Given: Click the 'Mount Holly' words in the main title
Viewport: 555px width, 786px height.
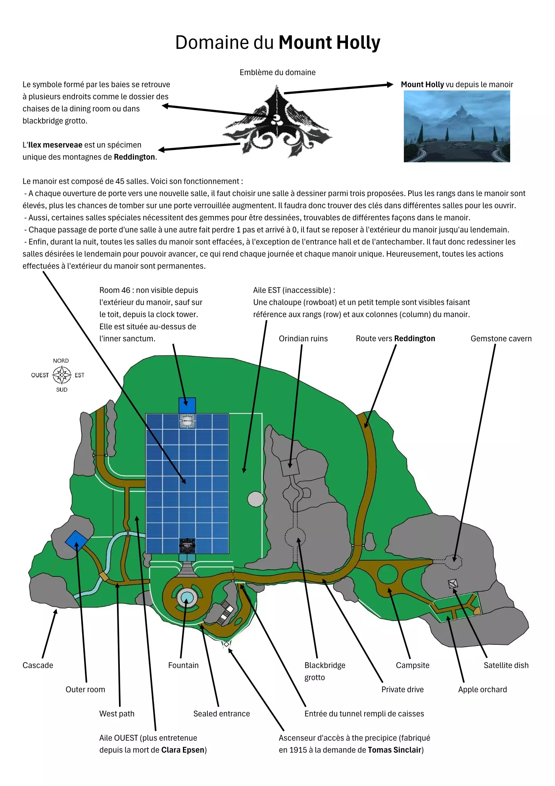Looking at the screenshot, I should click(x=329, y=42).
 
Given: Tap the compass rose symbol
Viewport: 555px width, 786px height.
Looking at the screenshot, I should click(x=62, y=375).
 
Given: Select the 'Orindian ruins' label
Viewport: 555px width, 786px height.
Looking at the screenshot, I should click(x=303, y=338).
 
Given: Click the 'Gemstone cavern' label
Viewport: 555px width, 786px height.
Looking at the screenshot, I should click(x=501, y=338).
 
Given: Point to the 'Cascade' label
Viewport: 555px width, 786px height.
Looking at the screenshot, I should click(x=38, y=665).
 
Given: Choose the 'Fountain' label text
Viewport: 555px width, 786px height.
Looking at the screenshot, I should click(x=183, y=665).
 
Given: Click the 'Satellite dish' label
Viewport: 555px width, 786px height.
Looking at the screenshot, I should click(x=506, y=665).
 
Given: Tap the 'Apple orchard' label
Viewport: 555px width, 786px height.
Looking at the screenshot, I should click(x=482, y=690).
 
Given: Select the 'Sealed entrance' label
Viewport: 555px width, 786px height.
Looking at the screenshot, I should click(x=221, y=714).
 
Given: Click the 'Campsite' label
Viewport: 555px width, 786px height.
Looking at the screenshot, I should click(x=413, y=665).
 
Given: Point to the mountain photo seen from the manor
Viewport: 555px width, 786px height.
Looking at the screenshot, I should click(x=457, y=126).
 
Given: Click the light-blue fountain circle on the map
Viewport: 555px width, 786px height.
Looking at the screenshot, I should click(x=186, y=598).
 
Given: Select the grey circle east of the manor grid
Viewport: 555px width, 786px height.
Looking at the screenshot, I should click(x=255, y=499).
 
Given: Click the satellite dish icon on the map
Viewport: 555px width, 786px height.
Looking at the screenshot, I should click(x=453, y=583).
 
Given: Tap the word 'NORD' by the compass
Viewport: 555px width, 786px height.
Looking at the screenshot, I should click(x=61, y=361).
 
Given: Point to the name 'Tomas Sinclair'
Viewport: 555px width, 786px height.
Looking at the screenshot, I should click(x=394, y=750).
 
